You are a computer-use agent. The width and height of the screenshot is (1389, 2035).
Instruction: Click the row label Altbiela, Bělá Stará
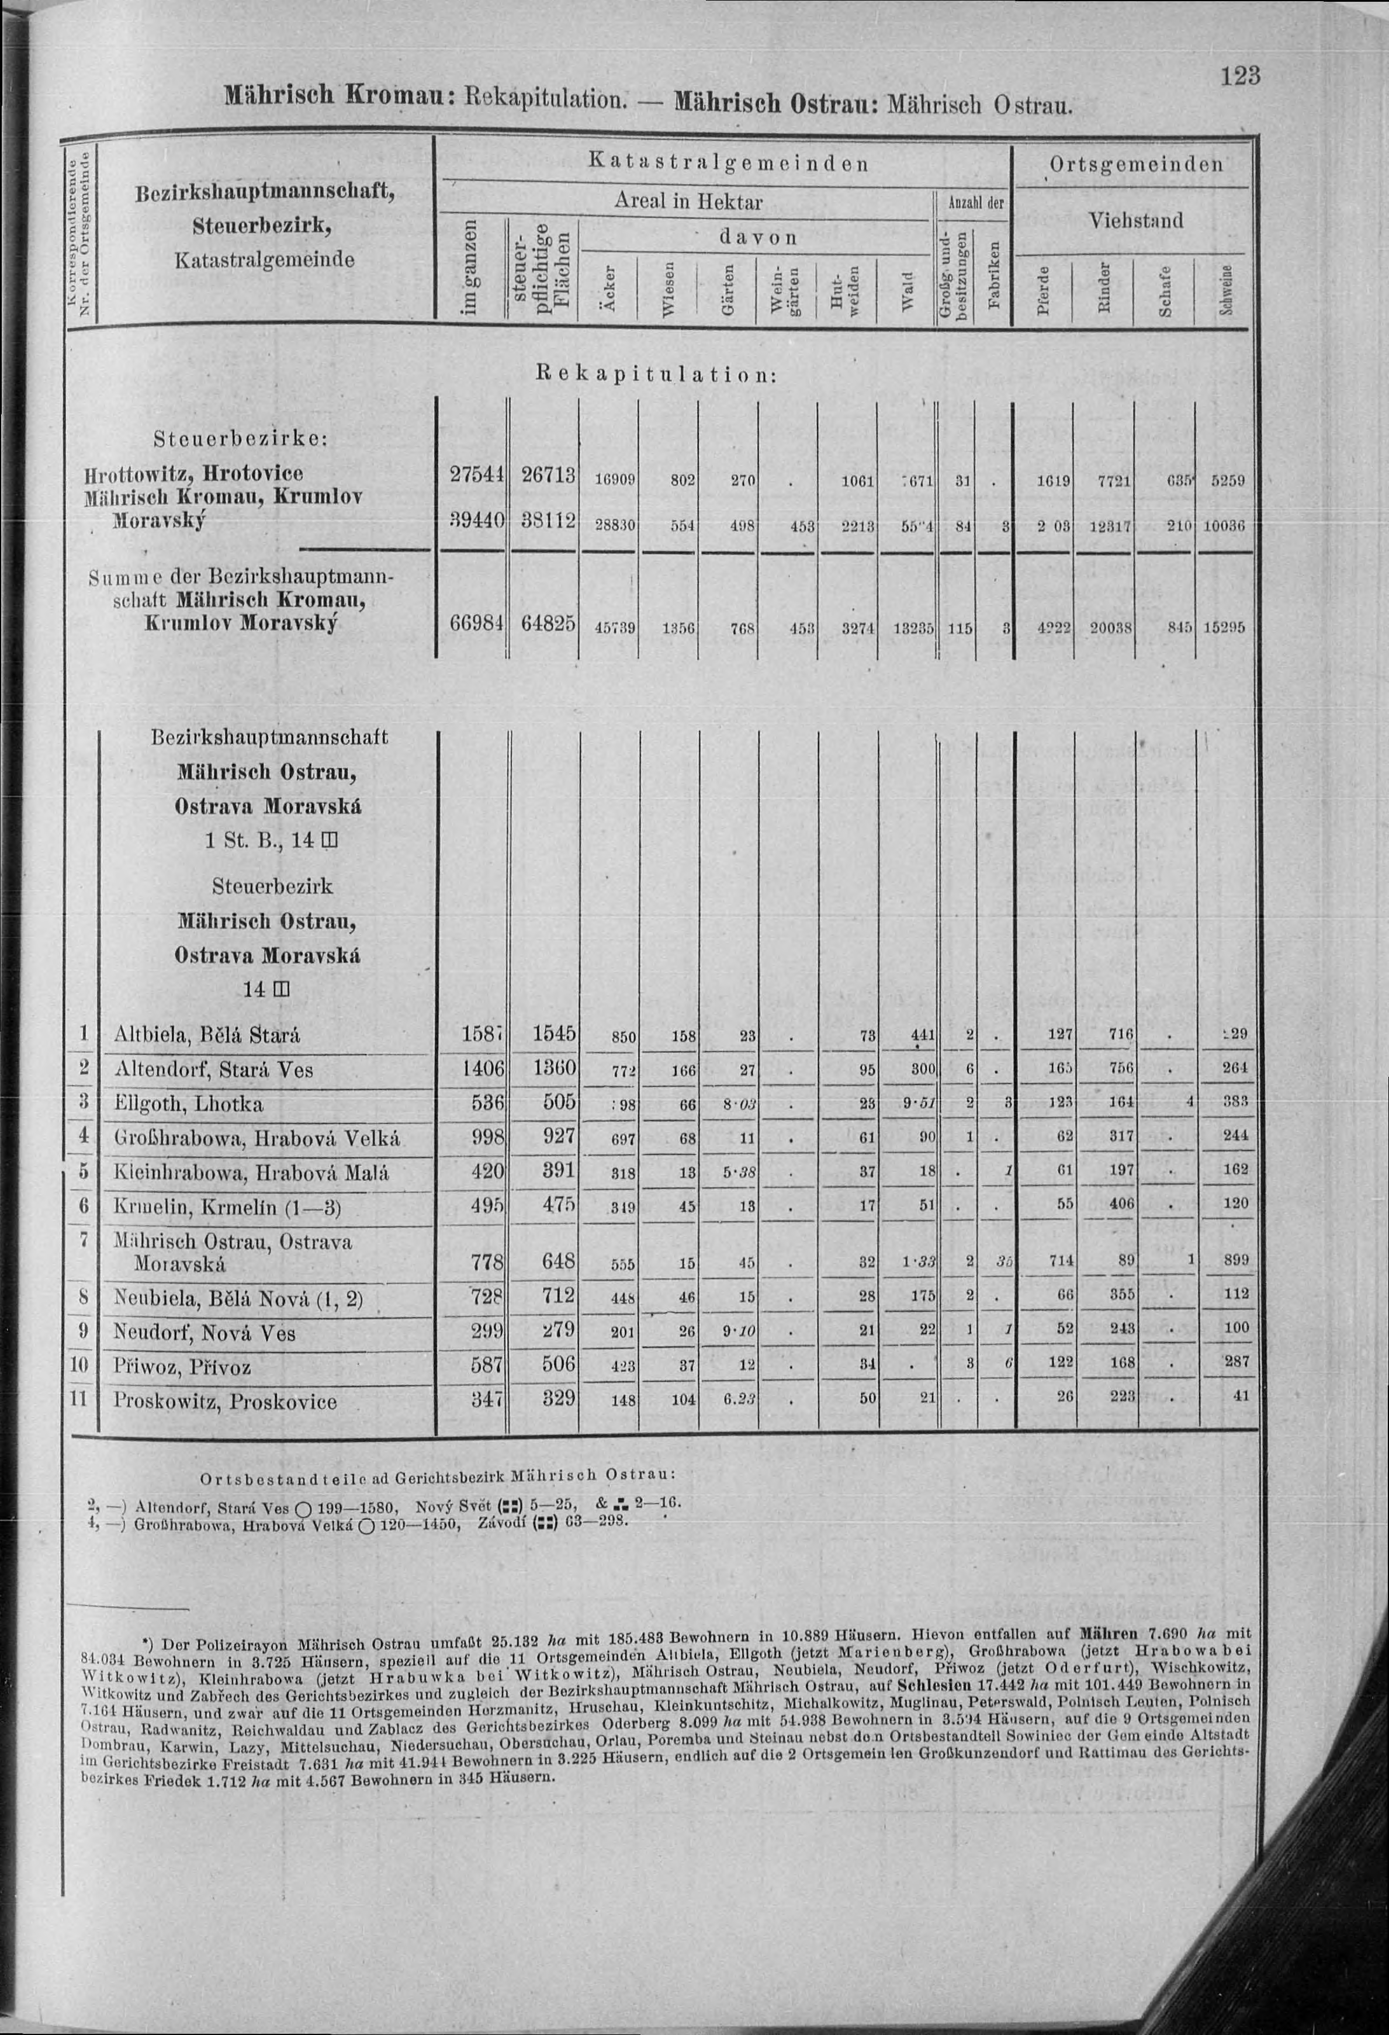207,1035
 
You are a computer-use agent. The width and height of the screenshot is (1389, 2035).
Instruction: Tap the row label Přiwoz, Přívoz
182,1367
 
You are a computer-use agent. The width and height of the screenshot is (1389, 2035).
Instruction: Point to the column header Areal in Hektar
688,202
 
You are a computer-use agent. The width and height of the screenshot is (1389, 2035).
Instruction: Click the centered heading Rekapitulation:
655,375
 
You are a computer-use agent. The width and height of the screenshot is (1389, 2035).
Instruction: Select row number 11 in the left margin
79,1398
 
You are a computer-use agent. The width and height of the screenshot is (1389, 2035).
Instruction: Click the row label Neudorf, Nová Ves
204,1333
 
